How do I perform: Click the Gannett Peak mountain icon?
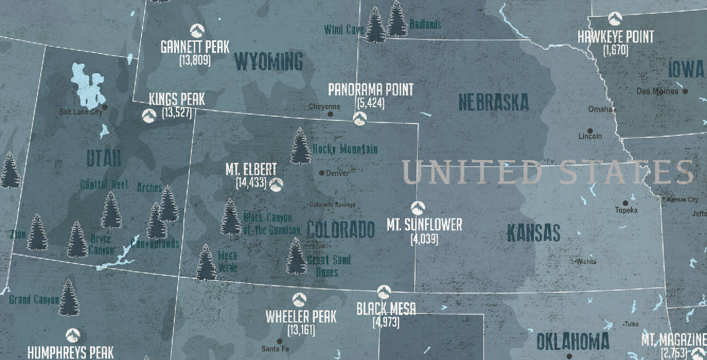195,31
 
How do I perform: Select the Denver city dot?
322,173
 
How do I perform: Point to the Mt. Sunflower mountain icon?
418,208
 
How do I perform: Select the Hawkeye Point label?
615,37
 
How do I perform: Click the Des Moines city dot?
685,91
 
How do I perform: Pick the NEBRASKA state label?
493,102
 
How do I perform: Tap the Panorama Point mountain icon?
359,120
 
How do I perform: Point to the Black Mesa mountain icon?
384,292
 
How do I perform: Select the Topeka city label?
626,210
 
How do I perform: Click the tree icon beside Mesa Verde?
206,262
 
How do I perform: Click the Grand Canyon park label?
34,300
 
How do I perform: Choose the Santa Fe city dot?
280,341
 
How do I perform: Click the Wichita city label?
586,262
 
